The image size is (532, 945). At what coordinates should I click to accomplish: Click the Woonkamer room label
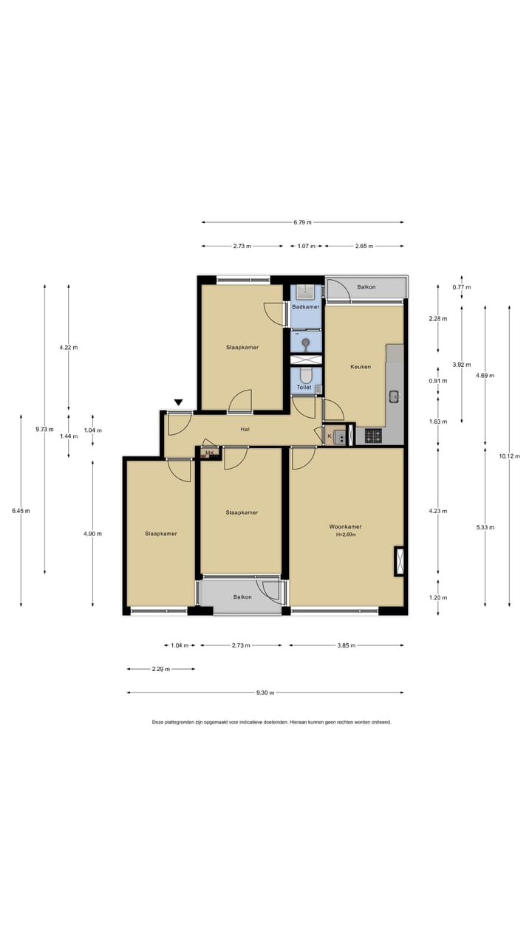(345, 526)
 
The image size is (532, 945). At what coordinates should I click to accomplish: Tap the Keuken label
(361, 367)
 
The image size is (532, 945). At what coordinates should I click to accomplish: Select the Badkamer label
(306, 306)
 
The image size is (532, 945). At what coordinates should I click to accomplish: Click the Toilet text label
(304, 387)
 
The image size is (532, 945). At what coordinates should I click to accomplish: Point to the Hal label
(245, 429)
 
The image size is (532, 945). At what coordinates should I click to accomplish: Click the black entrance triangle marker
(179, 402)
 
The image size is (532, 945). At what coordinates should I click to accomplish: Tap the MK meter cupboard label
(210, 453)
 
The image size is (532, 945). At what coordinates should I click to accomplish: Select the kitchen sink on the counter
(395, 396)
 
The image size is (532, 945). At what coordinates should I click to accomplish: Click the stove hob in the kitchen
(373, 436)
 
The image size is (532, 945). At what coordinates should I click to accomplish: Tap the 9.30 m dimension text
(265, 693)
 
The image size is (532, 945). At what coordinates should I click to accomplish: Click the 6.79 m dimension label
(302, 222)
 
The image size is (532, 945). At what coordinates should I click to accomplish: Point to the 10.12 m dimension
(510, 456)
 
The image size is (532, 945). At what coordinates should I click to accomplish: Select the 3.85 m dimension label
(347, 645)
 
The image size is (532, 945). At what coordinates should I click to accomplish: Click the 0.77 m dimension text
(462, 287)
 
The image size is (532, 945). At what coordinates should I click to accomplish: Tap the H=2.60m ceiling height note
(346, 535)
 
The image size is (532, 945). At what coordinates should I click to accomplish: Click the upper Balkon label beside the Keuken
(366, 287)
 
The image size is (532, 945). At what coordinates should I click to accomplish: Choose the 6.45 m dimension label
(21, 511)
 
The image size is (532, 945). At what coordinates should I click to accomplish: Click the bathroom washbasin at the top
(305, 292)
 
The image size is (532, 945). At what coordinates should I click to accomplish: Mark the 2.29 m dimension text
(161, 669)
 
